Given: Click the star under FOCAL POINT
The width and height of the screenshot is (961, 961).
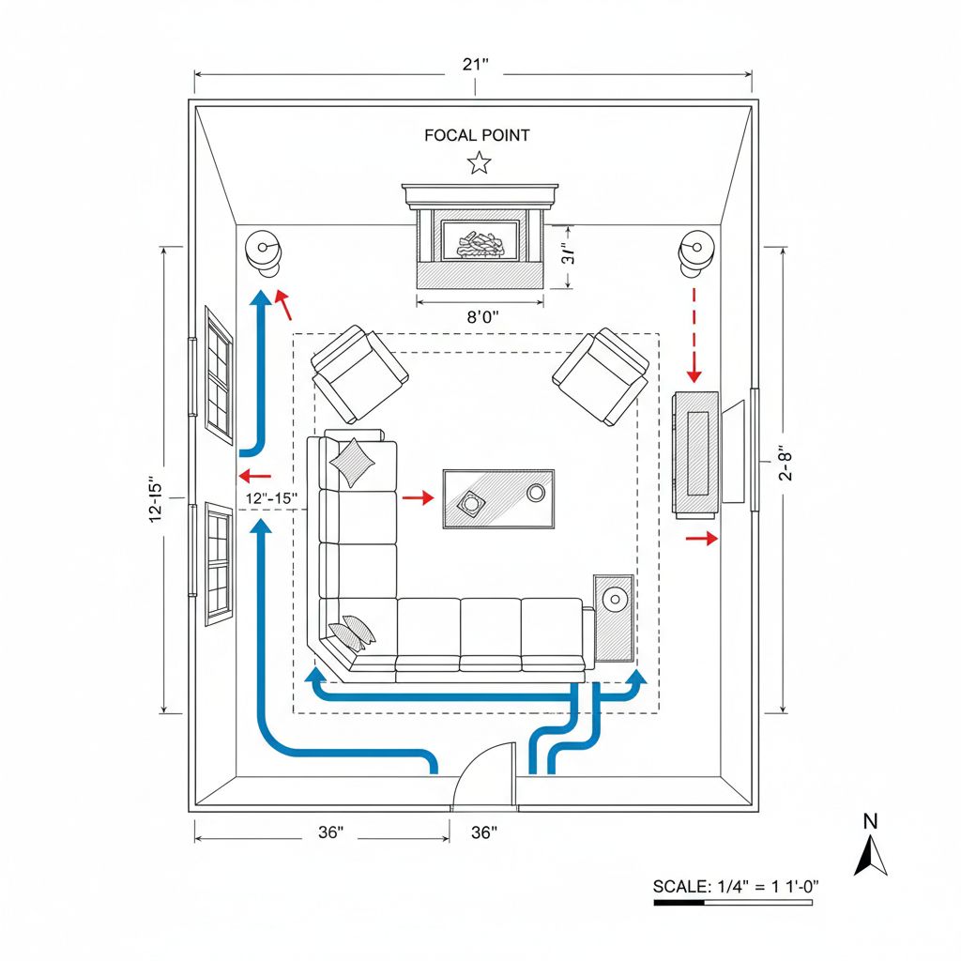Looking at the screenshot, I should coord(480,163).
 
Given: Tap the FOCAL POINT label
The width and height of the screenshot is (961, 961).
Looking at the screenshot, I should coord(477,135).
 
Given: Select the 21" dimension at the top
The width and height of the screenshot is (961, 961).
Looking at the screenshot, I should coord(476,65).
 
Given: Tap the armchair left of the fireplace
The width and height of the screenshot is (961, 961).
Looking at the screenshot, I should coord(359,373).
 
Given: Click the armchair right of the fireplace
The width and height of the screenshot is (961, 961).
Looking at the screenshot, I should coord(601,374).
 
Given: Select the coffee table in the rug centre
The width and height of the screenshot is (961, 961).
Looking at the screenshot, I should coord(498,498).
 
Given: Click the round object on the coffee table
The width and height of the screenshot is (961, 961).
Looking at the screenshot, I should coord(536,493).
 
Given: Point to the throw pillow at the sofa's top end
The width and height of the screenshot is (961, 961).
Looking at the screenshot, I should coord(351,462).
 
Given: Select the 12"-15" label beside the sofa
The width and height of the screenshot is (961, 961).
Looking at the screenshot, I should coord(270,497).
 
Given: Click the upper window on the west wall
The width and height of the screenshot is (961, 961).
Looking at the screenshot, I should coord(219,374).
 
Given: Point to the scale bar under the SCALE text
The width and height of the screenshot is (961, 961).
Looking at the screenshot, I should coord(733,902).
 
